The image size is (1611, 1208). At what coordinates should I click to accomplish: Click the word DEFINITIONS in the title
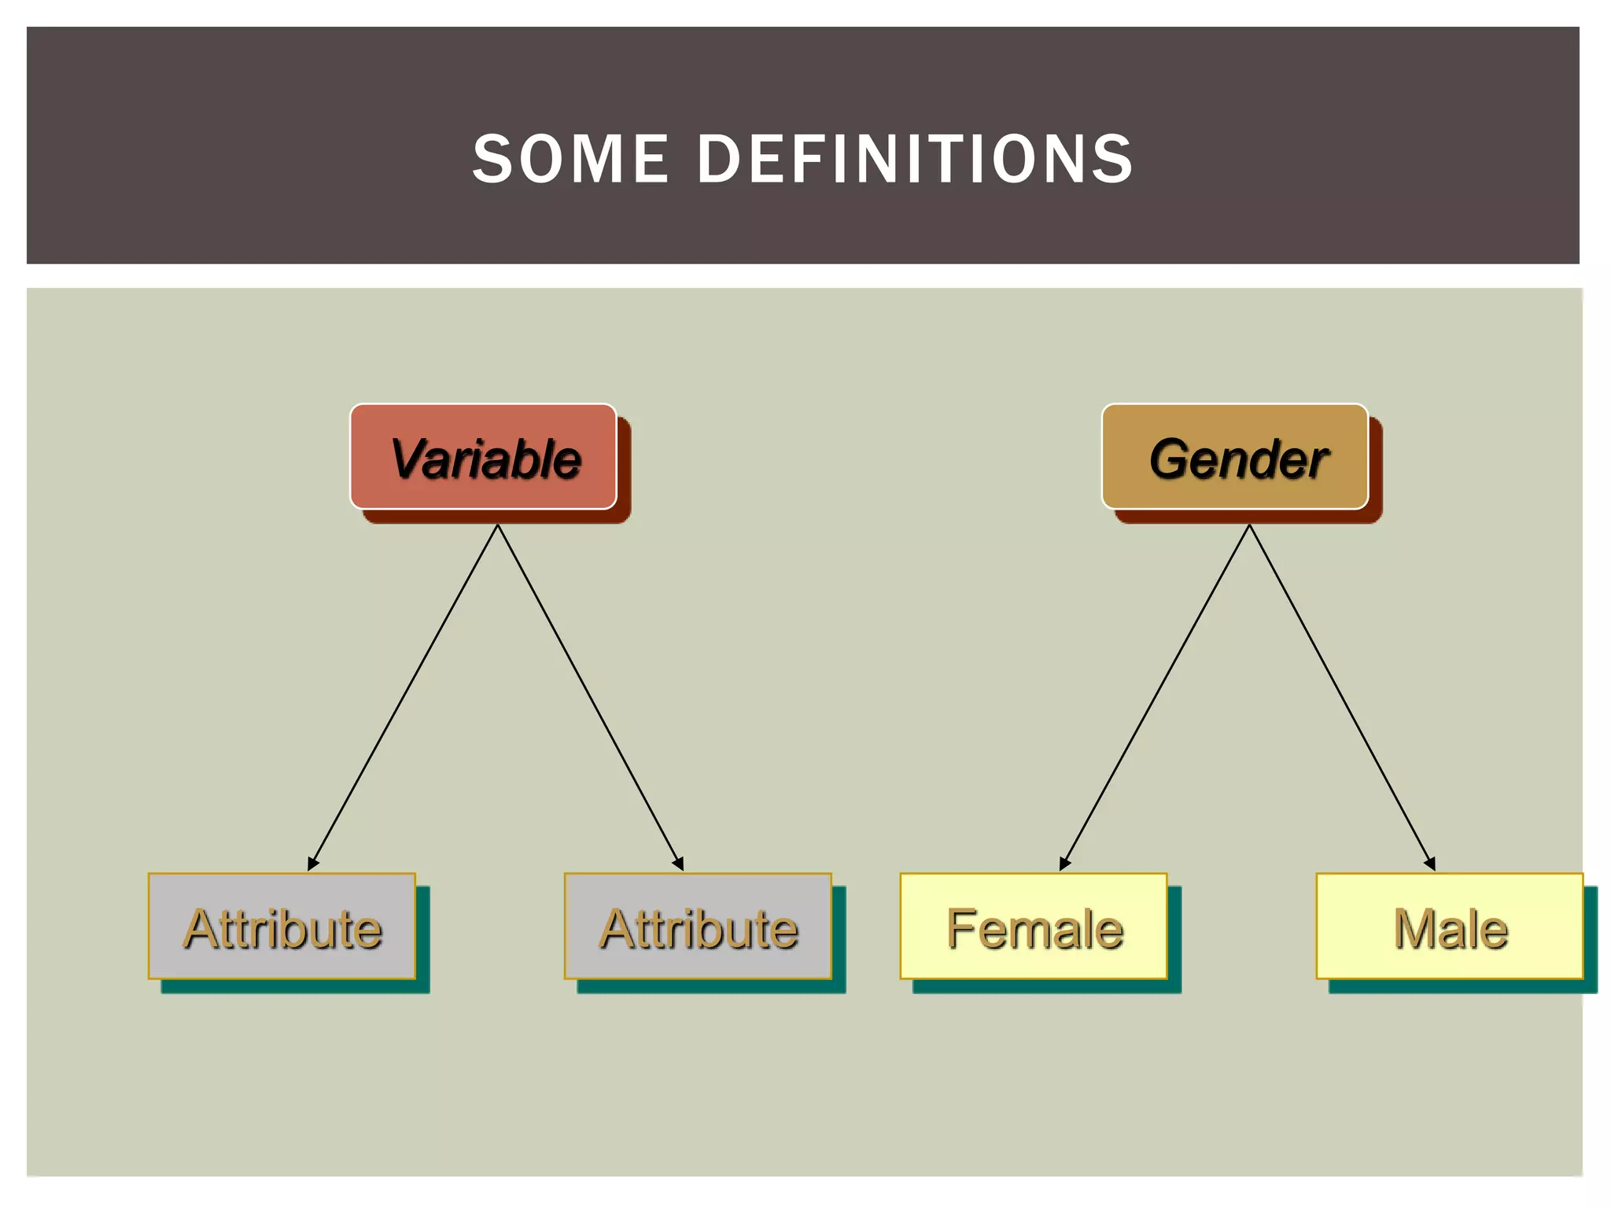click(916, 159)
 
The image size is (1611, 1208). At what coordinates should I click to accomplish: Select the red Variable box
click(483, 457)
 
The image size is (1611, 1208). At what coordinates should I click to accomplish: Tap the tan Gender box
click(1235, 457)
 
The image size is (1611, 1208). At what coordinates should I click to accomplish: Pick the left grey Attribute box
click(282, 926)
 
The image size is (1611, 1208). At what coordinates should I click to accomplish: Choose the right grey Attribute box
click(698, 926)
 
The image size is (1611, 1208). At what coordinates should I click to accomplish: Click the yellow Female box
click(1034, 926)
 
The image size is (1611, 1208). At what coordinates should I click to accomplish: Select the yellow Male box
click(1450, 926)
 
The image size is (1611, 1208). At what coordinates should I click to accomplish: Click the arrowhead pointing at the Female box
click(1064, 864)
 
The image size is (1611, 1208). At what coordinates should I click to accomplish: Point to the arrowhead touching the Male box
click(1431, 864)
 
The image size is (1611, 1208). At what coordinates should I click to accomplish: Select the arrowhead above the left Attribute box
click(312, 864)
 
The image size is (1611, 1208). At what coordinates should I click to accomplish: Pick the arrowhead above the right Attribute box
click(679, 864)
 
